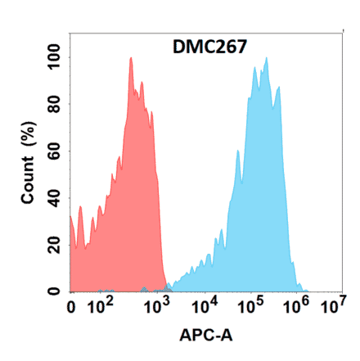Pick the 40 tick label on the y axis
click(54, 198)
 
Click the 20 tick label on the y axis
click(54, 245)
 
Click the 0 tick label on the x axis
click(72, 309)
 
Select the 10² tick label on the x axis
click(101, 307)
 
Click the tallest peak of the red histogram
click(130, 59)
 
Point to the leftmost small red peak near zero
click(80, 210)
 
